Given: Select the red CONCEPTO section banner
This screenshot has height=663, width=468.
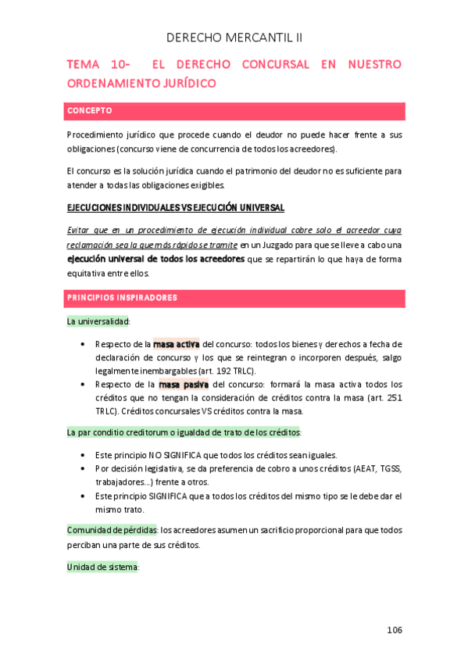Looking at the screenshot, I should [x=235, y=110].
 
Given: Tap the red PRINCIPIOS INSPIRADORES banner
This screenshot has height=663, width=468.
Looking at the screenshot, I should [x=235, y=298].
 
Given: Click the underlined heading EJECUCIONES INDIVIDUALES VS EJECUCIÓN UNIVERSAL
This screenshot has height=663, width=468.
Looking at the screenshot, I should [x=176, y=208].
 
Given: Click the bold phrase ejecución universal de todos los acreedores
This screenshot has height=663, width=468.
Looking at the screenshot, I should [x=155, y=259].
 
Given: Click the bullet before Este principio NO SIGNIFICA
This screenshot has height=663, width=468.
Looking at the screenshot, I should [x=84, y=454].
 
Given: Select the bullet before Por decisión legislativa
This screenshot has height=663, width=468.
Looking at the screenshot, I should [x=84, y=468].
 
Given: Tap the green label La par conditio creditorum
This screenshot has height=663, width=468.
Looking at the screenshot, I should [x=125, y=432].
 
